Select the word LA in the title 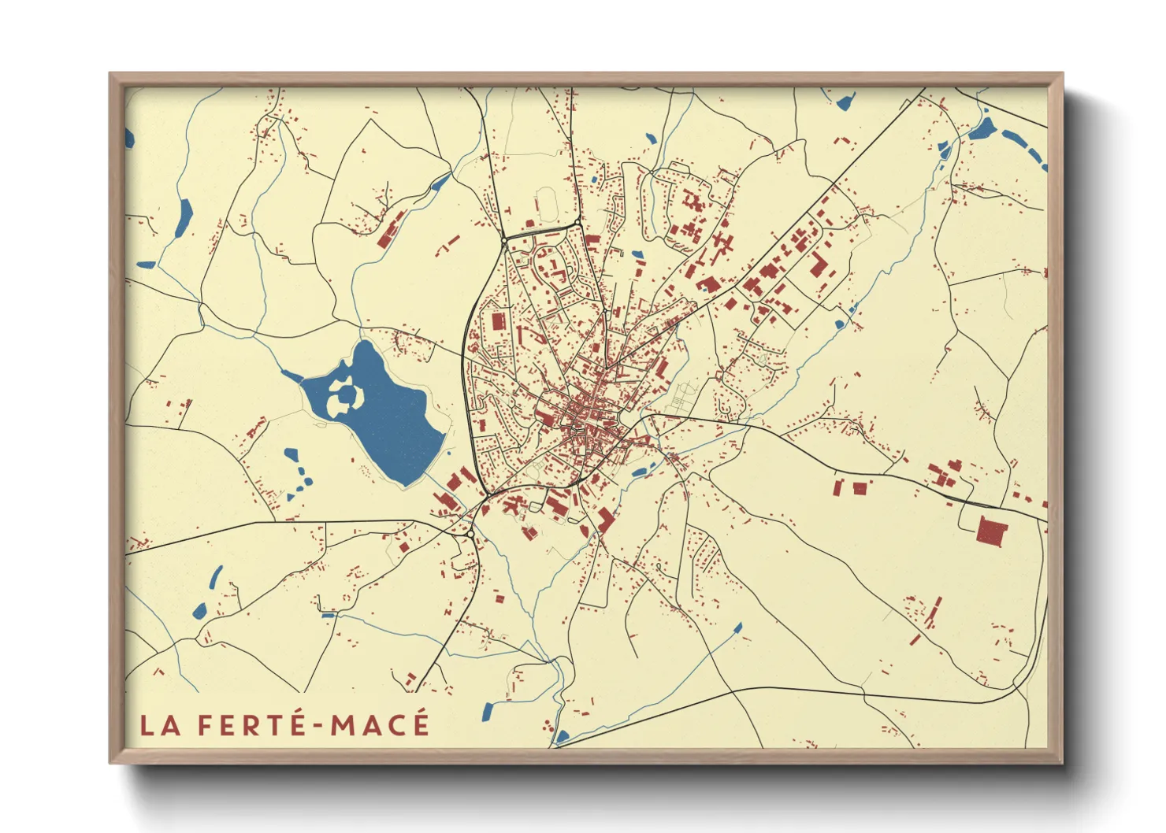tap(160, 725)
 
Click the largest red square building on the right tap(992, 531)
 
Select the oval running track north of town tap(547, 204)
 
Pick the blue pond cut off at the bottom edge tap(562, 738)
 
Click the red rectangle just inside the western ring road tap(497, 321)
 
